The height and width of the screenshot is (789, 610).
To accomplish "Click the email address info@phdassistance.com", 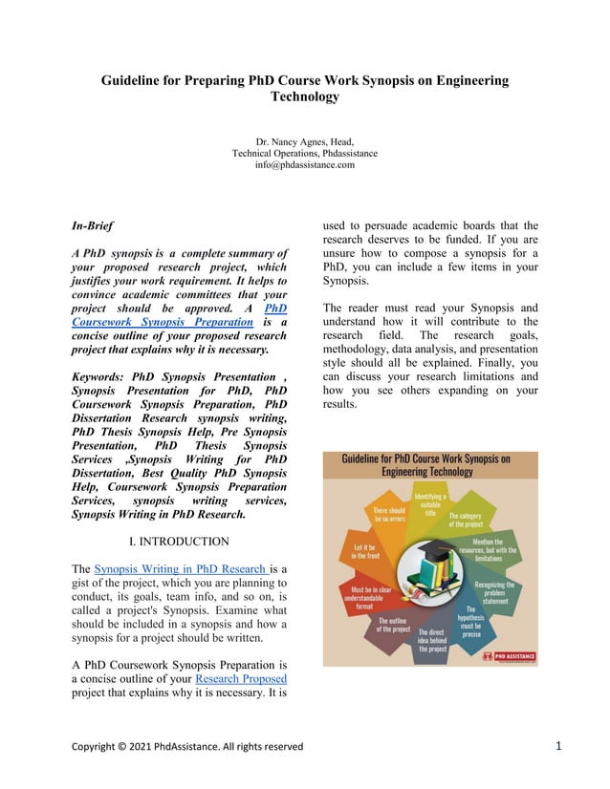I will tap(305, 164).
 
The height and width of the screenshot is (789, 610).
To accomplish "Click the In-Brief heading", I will tap(93, 226).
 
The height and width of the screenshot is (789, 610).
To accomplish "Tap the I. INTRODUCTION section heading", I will tap(179, 542).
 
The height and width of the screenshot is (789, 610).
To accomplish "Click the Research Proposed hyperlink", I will tap(240, 679).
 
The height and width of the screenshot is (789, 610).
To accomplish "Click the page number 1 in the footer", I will tap(558, 745).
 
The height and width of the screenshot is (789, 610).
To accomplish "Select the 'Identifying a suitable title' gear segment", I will tap(430, 504).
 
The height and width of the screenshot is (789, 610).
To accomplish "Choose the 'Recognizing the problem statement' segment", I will tap(494, 592).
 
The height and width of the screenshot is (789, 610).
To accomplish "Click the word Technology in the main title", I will tap(305, 96).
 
